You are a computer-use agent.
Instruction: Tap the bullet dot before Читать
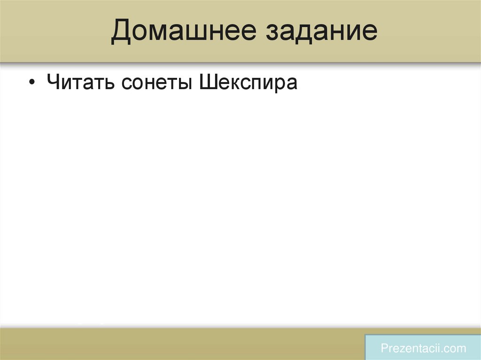31,83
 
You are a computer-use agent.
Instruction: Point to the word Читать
79,83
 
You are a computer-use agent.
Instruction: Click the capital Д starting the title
121,32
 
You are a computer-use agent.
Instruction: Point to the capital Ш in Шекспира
208,83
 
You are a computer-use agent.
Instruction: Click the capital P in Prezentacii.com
384,348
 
